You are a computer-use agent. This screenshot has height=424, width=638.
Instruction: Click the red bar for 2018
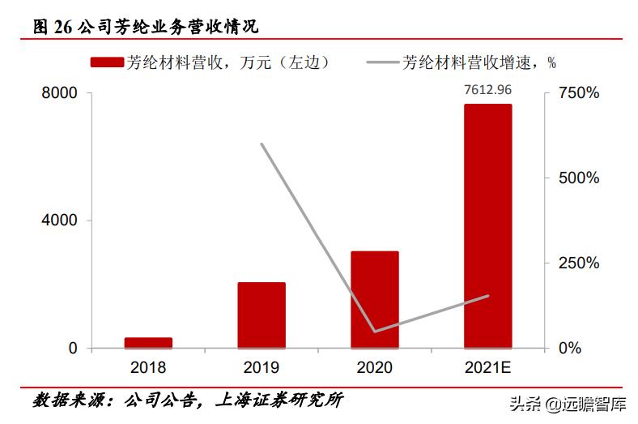point(148,342)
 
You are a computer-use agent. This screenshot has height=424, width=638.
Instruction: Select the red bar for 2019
point(262,315)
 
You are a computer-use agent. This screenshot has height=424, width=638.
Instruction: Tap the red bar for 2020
point(374,299)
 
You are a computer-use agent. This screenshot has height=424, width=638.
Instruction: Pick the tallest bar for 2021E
point(487,226)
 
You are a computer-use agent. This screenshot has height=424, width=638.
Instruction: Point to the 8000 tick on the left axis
point(60,93)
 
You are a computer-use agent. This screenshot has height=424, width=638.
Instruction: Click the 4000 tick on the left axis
point(60,221)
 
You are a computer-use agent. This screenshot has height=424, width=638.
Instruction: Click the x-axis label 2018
point(147,368)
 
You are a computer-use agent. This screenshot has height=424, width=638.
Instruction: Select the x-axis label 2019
point(261,368)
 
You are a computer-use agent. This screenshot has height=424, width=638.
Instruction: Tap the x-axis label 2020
point(374,368)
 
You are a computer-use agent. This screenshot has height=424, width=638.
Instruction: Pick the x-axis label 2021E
point(487,368)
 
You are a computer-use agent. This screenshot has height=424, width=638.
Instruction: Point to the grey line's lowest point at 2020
point(374,331)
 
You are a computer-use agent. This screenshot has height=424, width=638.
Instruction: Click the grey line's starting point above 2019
point(262,144)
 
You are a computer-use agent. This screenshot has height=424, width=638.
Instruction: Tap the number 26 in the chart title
point(63,27)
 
